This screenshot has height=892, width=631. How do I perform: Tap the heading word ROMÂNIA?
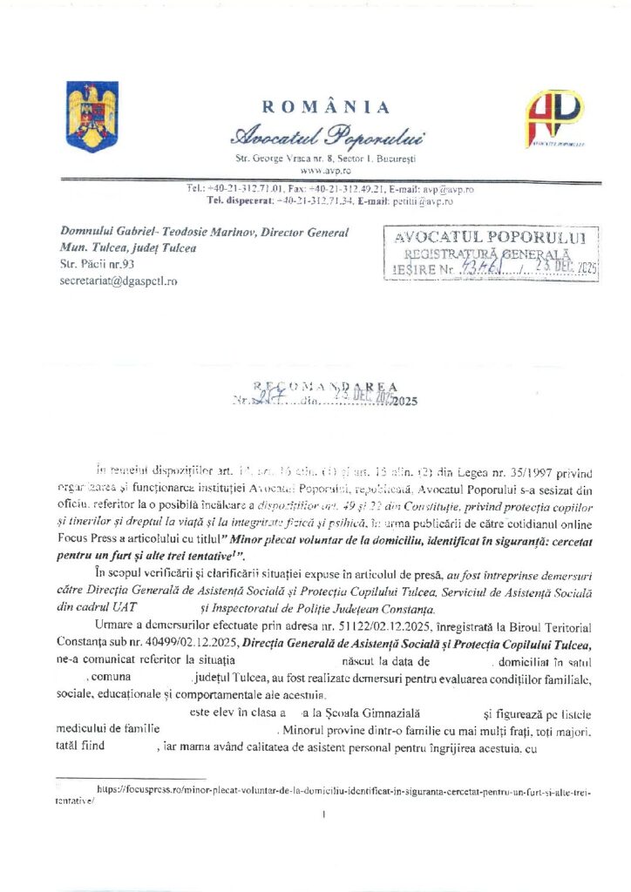point(327,107)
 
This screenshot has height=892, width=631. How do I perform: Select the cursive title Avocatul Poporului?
point(327,136)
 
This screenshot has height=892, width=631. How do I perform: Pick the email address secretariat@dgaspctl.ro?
point(118,281)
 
